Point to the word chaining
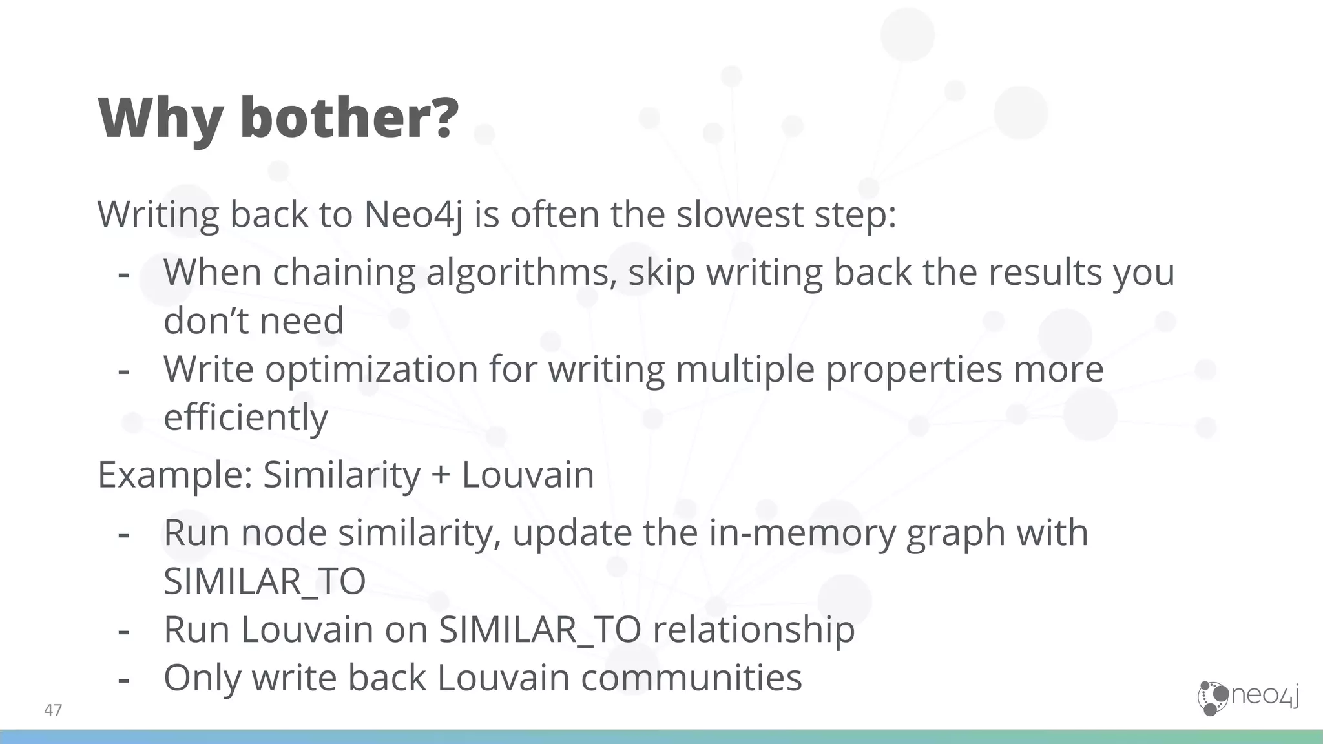[344, 273]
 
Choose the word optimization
[371, 369]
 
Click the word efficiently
[245, 418]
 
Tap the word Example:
[174, 475]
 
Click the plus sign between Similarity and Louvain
[441, 475]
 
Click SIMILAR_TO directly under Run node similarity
[264, 581]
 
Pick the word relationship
[753, 630]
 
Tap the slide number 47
[53, 710]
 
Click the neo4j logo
[1248, 697]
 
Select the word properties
[913, 369]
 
